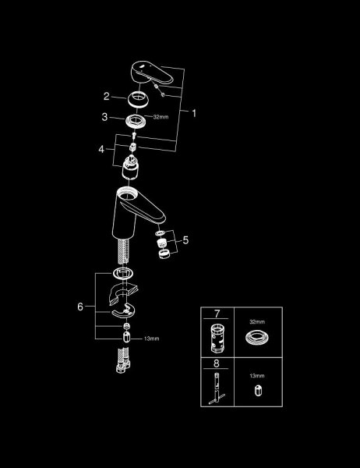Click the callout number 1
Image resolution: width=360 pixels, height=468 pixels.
tap(194, 113)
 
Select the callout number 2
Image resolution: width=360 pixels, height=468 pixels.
tap(107, 96)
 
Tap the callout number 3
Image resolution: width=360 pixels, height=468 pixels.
tap(104, 117)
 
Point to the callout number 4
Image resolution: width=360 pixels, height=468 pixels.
tap(101, 149)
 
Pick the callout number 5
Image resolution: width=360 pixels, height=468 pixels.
tap(185, 240)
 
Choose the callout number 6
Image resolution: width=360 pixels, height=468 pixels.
tap(80, 307)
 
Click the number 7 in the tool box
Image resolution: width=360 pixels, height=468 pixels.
tap(217, 314)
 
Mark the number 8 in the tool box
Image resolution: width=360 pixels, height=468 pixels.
tap(217, 363)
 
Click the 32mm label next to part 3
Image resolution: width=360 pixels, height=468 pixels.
tap(161, 117)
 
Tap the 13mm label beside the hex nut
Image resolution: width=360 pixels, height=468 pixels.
tap(151, 339)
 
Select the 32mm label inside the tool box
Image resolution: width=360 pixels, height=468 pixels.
tap(257, 321)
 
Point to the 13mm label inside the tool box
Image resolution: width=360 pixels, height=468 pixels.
tap(257, 376)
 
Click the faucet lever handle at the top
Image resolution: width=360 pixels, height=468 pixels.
tap(151, 73)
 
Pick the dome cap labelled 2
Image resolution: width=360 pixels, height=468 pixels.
tap(137, 99)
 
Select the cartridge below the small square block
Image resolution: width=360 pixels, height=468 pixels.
tap(131, 167)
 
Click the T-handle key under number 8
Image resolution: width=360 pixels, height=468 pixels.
tap(217, 388)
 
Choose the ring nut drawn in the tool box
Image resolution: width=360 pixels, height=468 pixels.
tap(257, 339)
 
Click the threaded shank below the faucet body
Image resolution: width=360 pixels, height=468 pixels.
tap(123, 251)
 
